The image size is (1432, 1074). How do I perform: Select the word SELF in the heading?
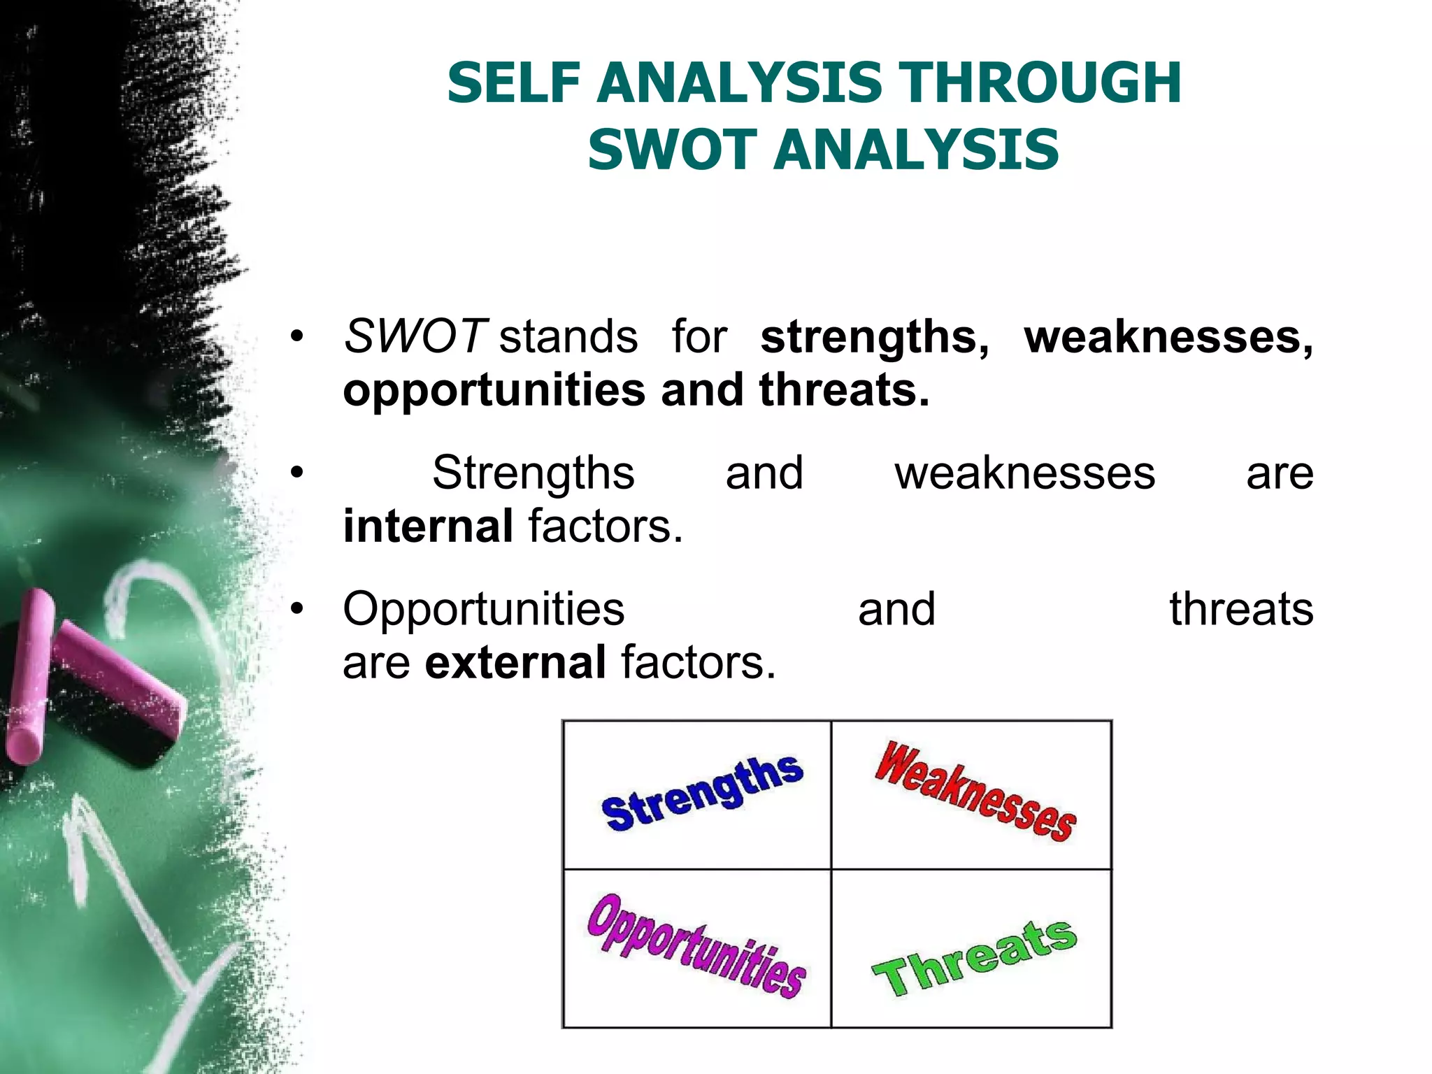tap(514, 83)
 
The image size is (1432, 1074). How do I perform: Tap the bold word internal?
tap(428, 526)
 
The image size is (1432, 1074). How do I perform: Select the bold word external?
tap(515, 662)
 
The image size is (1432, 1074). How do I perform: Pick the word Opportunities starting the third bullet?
tap(483, 609)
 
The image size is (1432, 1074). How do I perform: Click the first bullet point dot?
tap(298, 337)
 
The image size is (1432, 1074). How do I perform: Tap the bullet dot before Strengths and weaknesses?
tap(298, 473)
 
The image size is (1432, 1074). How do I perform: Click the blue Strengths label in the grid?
tap(702, 794)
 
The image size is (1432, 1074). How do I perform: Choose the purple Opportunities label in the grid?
tap(696, 946)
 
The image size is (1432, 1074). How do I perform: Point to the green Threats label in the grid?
tap(974, 958)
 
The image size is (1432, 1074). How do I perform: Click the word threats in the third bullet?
tap(1241, 609)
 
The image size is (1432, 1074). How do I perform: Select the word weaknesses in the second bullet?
tap(1024, 473)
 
